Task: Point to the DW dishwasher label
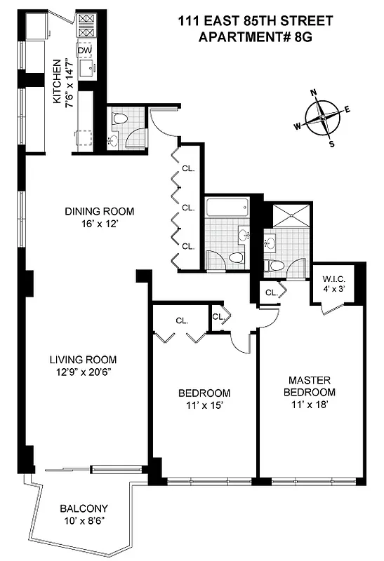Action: coord(84,51)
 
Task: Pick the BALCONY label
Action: coord(84,508)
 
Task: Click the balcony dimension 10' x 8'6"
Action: coord(84,521)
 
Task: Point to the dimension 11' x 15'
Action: coord(204,406)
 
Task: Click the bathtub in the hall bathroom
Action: coord(227,207)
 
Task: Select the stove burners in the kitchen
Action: coord(85,26)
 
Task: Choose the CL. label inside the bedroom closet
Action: coord(182,320)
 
